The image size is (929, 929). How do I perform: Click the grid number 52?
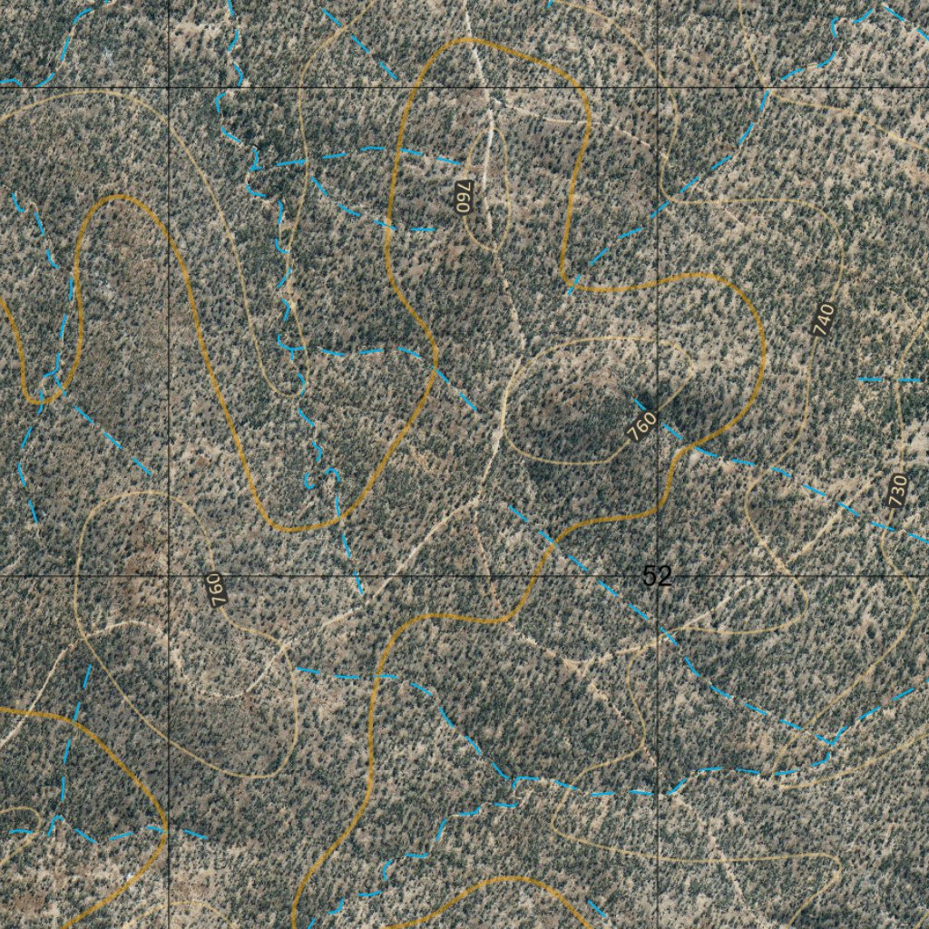pos(656,576)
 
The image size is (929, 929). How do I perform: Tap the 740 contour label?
pos(824,320)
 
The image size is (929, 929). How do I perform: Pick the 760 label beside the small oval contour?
pos(464,196)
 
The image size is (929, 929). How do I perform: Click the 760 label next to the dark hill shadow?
pos(641,425)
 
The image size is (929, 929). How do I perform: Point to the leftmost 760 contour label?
pos(216,591)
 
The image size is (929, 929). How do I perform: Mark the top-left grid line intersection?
pos(169,87)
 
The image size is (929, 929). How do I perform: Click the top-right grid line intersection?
pos(659,87)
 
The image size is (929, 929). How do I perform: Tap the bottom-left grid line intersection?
pos(169,576)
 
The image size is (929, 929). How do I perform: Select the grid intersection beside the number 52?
pos(659,576)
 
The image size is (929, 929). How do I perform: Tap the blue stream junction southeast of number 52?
pos(831,744)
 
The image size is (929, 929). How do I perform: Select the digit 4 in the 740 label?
pos(824,320)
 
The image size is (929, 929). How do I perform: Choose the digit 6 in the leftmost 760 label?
pos(216,591)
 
